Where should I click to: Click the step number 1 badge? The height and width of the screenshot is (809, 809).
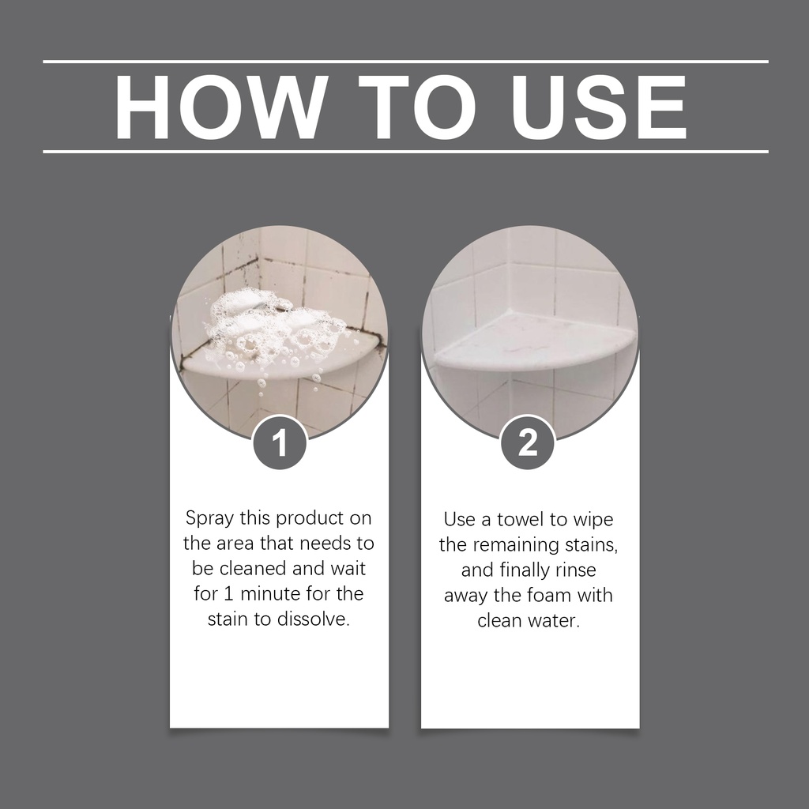[280, 442]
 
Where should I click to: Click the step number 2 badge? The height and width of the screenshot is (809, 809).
[528, 442]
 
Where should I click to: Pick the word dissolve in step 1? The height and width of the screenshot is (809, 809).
[313, 619]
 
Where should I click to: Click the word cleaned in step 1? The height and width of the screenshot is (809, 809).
[254, 568]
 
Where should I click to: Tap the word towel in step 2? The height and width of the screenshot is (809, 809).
[520, 520]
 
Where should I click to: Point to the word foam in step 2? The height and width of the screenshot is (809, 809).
[544, 595]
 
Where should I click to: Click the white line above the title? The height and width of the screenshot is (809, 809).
[405, 62]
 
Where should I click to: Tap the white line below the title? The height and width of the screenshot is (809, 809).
[405, 152]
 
